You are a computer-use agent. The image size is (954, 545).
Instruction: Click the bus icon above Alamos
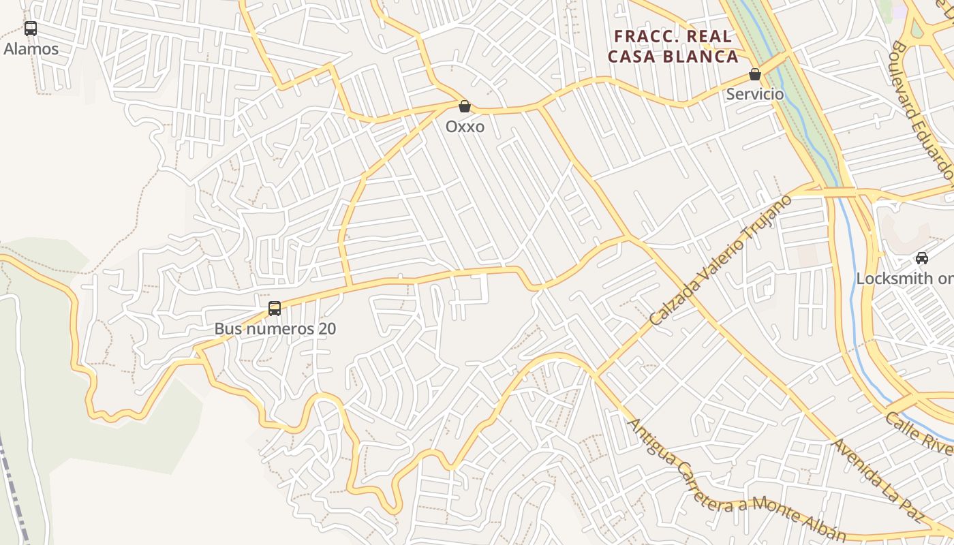(31, 29)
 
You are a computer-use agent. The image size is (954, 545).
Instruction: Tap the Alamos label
(31, 49)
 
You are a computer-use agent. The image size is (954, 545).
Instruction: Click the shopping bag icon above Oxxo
(465, 106)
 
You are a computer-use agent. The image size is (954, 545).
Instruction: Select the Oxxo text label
(465, 127)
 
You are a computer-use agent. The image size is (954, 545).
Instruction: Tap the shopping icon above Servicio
(754, 74)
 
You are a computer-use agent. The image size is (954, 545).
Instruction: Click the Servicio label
(754, 94)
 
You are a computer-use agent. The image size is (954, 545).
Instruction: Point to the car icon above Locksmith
(922, 258)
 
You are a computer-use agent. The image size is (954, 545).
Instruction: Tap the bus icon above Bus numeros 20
(275, 309)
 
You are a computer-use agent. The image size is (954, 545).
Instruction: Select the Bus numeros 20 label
(275, 329)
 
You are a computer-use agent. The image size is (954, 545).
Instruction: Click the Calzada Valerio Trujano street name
(720, 260)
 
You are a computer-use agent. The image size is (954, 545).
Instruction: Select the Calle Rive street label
(920, 433)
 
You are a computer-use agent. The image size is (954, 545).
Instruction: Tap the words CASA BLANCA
(673, 57)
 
